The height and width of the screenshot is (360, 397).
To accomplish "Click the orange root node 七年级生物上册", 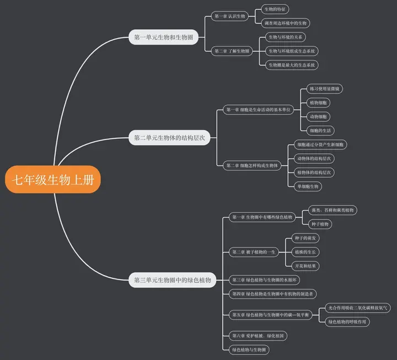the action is [53, 180].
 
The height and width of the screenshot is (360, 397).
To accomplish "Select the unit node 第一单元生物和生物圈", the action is [164, 37].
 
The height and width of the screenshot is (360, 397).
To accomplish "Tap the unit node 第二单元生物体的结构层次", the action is [169, 138].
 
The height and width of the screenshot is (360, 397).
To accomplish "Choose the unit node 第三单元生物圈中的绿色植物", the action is [173, 280].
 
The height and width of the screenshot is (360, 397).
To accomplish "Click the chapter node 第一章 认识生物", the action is [229, 16].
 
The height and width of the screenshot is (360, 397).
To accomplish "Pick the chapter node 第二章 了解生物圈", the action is [232, 51].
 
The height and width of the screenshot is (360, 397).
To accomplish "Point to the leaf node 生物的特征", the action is [275, 9].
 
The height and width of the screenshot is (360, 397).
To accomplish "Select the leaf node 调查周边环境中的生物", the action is [286, 23].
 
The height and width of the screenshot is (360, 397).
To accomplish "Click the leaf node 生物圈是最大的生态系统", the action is [292, 65].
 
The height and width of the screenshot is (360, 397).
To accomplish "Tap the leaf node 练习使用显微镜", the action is [325, 89].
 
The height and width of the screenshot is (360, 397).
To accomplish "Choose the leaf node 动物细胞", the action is [318, 117].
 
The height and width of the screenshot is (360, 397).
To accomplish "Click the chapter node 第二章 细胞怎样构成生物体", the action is [252, 165].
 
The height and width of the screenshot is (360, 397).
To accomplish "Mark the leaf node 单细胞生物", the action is [308, 186].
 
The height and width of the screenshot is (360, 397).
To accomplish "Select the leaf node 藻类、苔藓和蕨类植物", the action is [332, 210].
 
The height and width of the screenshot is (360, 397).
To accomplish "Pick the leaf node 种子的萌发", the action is [305, 238].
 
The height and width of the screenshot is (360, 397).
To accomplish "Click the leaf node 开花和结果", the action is [305, 266].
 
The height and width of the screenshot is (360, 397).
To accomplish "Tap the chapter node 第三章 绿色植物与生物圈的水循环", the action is [264, 280].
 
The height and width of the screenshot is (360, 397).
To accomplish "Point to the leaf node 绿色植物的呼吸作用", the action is [347, 322].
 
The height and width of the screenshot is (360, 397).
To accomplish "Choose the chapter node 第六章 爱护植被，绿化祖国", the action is [258, 336].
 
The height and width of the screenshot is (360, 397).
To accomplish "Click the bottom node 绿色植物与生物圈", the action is [249, 350].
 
